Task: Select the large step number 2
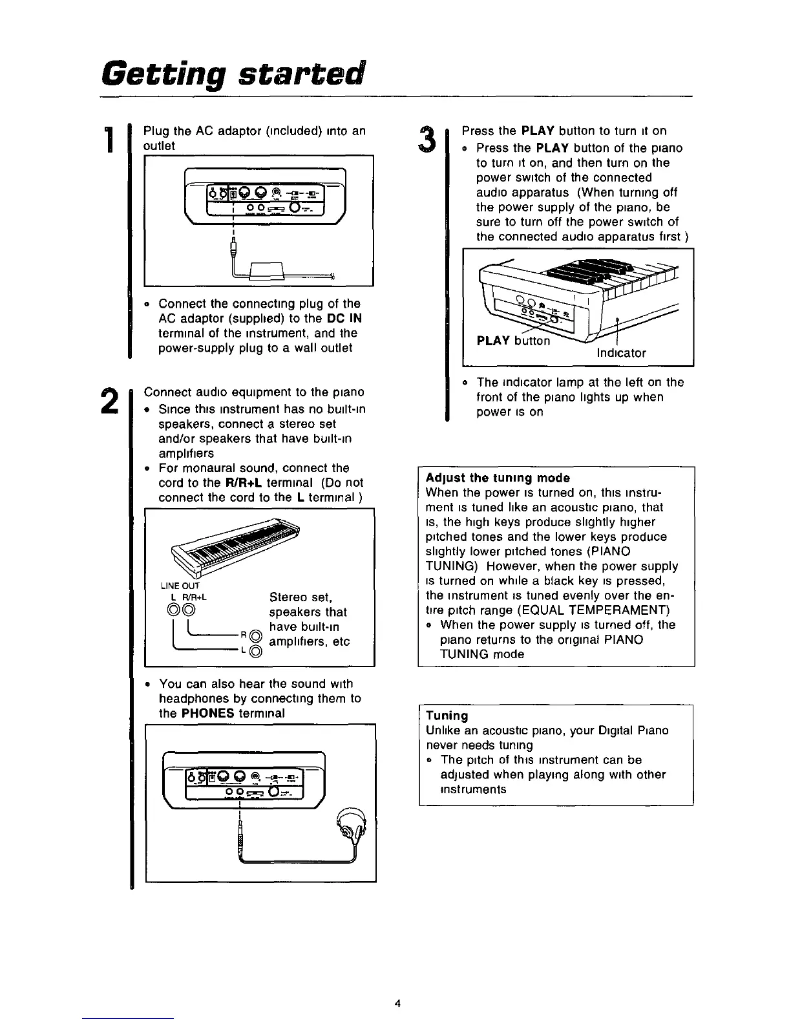(x=111, y=401)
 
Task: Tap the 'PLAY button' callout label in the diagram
(x=513, y=341)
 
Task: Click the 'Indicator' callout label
(x=619, y=353)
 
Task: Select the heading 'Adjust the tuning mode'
(x=498, y=478)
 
